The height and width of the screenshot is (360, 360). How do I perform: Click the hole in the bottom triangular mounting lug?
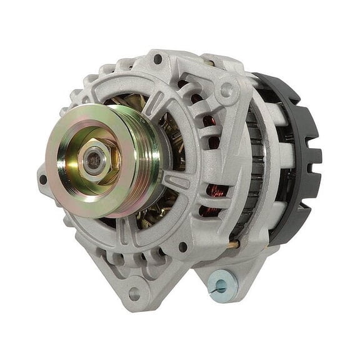[134, 291]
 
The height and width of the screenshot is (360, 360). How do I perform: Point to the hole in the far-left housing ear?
[43, 179]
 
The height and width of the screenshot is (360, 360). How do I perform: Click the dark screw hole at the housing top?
[157, 59]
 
